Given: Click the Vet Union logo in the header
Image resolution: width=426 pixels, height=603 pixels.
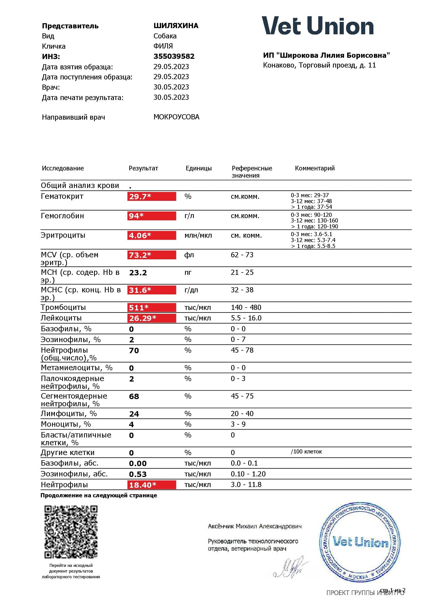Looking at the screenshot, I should point(318,26).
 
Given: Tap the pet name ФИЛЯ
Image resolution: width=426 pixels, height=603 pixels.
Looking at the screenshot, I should point(163,46).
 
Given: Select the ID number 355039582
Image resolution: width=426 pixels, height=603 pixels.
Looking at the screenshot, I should point(174,56).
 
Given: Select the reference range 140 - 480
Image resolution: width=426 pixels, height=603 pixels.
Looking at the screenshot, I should point(246,307).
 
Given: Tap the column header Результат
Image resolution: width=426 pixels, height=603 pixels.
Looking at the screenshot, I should point(143,168).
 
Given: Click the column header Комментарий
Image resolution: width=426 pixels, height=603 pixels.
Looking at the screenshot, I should point(315,168).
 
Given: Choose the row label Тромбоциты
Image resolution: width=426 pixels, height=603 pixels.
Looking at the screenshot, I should point(63,307).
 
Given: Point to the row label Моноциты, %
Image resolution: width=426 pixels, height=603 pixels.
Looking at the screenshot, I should point(66,424).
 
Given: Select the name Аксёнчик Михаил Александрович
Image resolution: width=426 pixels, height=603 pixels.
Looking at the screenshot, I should point(255,526).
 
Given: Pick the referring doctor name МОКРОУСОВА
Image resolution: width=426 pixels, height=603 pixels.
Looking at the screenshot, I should point(176,117).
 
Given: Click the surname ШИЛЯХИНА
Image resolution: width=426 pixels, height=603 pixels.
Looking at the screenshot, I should point(176,26).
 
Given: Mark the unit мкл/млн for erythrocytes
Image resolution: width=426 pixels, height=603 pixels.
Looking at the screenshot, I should point(198,235).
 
